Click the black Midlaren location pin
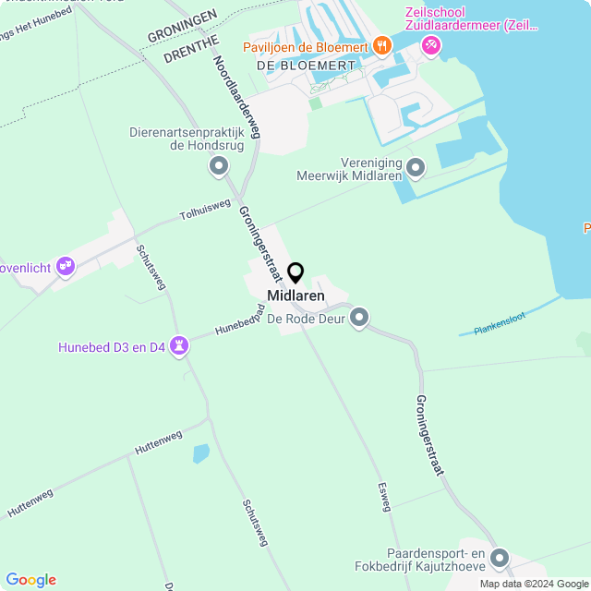point(295,273)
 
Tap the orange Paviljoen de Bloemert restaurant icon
point(381,45)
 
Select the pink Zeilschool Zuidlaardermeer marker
point(430,44)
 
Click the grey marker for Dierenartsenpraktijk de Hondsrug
point(219,167)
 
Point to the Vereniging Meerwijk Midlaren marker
point(416,168)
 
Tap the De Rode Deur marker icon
point(360,319)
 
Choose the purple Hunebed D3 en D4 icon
point(179,347)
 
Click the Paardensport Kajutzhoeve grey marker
point(500,558)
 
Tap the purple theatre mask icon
point(65,267)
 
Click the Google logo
point(30,580)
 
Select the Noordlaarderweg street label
point(237,98)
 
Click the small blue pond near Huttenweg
point(200,453)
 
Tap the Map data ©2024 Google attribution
point(534,584)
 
